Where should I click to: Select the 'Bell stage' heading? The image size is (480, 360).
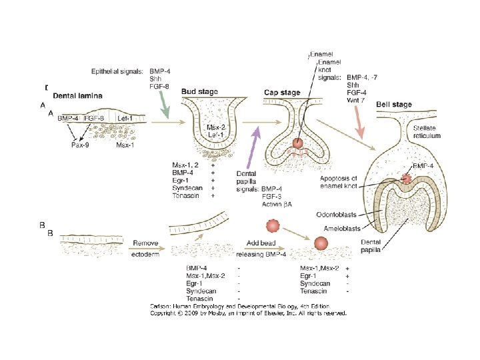[x=394, y=105]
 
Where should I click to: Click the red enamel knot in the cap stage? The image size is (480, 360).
[x=297, y=143]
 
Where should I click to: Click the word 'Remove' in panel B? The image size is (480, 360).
[x=145, y=244]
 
